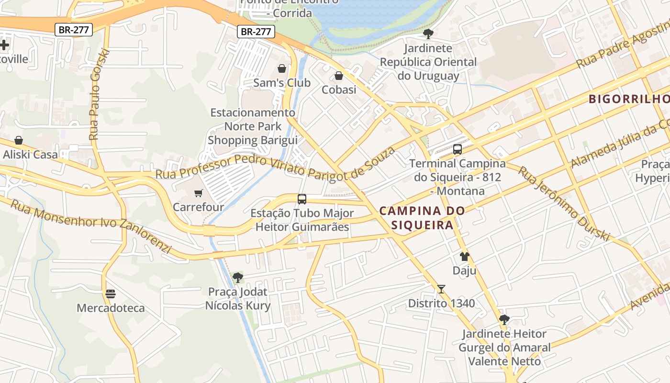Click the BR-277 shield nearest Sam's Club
click(256, 32)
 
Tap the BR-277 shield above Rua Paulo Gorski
click(73, 30)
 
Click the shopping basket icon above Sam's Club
click(282, 68)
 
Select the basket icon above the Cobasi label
click(339, 76)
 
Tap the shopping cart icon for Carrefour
click(198, 193)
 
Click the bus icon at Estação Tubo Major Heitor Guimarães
click(302, 199)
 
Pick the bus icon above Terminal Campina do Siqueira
click(458, 149)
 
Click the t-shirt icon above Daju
click(464, 257)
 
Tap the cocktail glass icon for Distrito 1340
click(441, 289)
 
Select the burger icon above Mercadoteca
click(111, 293)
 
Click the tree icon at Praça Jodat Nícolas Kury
click(237, 277)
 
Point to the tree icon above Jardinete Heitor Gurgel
click(504, 320)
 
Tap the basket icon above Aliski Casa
click(19, 140)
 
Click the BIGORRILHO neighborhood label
click(628, 99)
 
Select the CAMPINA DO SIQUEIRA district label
click(422, 218)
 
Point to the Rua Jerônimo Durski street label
click(564, 203)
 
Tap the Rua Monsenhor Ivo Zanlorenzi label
click(90, 226)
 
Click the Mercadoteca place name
click(111, 308)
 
